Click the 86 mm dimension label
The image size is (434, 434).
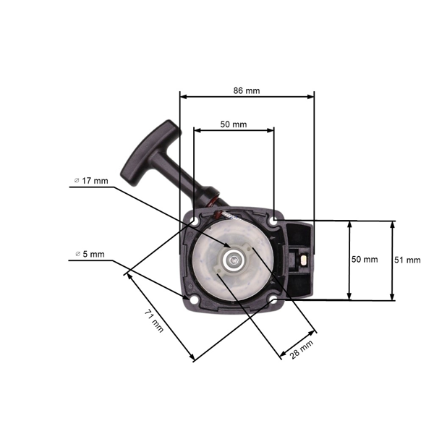247,91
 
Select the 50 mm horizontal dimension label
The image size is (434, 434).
234,124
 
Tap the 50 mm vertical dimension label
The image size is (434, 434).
365,260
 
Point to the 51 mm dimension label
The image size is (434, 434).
407,260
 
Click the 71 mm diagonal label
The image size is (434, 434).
154,320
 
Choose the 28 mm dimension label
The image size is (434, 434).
302,349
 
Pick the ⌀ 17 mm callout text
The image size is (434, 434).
91,181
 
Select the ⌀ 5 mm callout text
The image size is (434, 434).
90,254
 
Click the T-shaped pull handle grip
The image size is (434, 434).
151,153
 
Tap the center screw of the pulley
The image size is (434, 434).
232,260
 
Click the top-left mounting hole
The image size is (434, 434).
194,221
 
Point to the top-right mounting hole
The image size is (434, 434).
274,222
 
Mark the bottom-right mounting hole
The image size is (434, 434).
273,301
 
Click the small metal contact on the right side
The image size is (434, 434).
304,260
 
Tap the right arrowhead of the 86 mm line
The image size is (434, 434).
311,97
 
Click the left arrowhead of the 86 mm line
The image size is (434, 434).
184,97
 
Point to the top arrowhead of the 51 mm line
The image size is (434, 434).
392,225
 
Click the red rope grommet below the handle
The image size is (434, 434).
216,199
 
